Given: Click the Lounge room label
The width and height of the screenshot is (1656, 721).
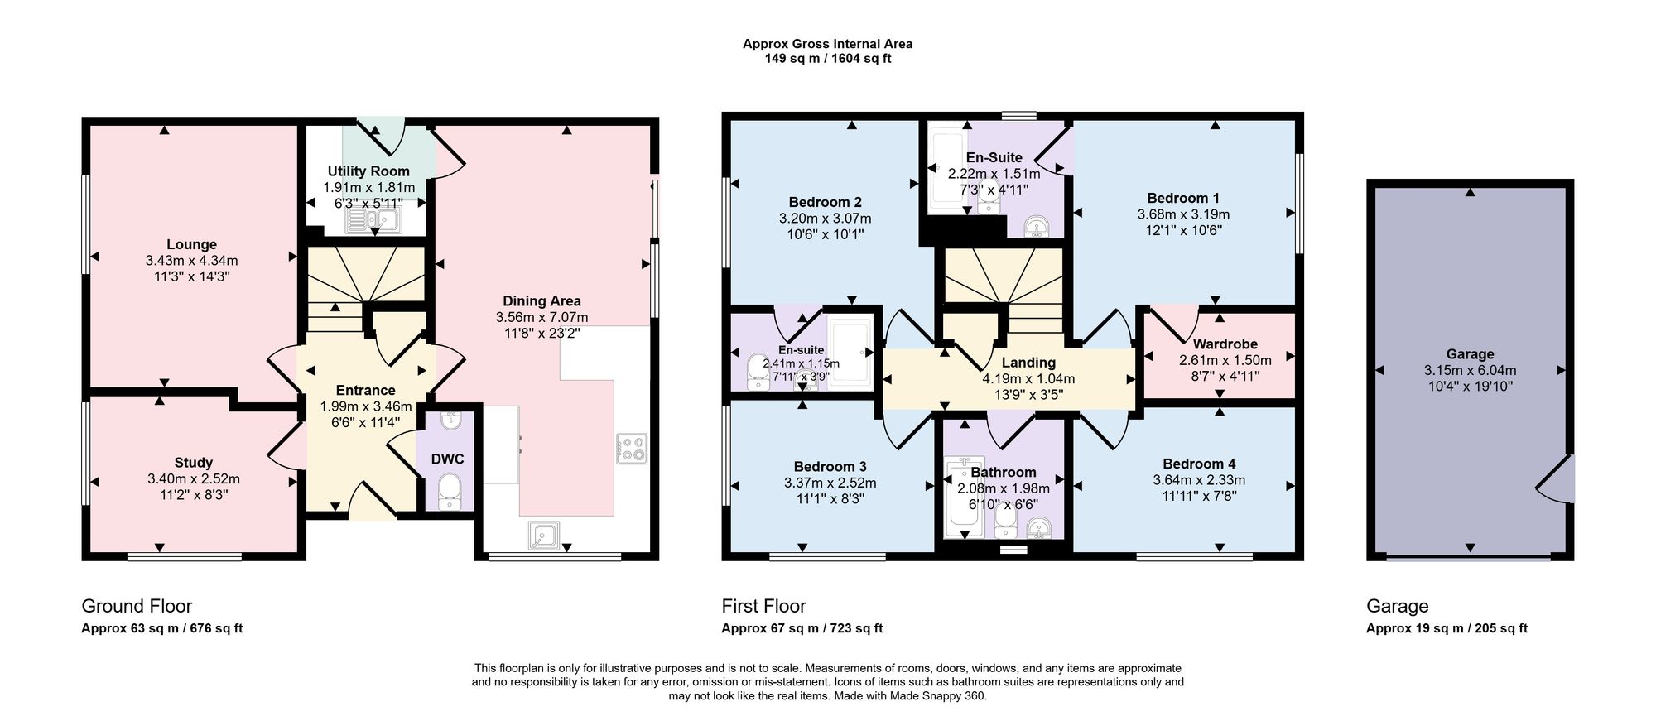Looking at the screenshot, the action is (191, 244).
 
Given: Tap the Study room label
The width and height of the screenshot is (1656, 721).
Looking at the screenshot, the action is (194, 463).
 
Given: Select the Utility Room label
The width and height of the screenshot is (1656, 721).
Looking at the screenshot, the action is (368, 171).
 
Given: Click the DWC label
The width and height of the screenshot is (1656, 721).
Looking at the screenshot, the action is (447, 459).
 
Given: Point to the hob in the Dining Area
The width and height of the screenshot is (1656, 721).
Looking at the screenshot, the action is (632, 448).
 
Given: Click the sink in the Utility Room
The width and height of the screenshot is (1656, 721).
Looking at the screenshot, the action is (374, 219).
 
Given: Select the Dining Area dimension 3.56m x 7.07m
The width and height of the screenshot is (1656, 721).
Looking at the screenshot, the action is (542, 317).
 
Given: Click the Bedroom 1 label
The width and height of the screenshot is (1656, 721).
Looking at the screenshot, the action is (1183, 198).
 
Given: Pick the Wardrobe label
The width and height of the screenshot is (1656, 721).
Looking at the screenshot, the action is (1225, 344).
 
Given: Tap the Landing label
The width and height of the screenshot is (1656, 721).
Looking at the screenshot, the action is (1028, 363).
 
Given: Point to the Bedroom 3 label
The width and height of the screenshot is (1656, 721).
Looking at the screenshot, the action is (830, 467).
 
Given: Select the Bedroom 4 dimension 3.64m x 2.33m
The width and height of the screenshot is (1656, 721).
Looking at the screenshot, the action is (1199, 480).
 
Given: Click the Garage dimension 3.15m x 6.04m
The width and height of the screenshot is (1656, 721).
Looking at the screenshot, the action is (1471, 370).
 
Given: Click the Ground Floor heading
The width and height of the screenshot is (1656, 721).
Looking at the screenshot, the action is (137, 606).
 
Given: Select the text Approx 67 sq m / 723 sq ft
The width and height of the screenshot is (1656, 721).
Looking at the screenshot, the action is (802, 628).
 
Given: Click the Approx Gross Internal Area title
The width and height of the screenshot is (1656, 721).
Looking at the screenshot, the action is (827, 44).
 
